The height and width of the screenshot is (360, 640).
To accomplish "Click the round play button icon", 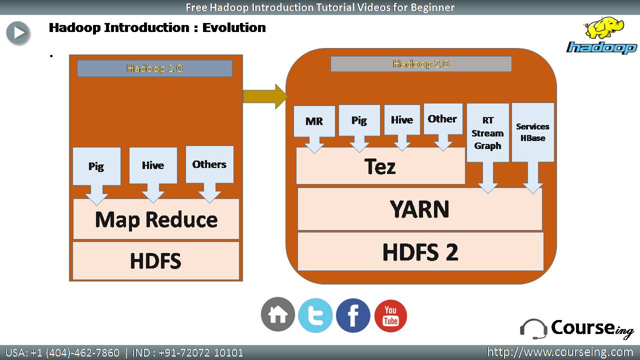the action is tap(18, 33).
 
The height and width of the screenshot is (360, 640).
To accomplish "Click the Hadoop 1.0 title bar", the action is tap(154, 68).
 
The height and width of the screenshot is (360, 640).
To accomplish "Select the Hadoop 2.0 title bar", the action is tap(421, 63).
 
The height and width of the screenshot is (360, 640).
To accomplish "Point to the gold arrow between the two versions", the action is tap(265, 96).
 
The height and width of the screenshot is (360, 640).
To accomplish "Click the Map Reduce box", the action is tap(156, 219).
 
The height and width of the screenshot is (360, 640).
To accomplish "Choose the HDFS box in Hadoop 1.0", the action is tap(156, 260).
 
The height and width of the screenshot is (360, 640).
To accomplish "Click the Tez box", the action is tap(380, 166).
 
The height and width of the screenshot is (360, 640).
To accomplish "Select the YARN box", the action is tap(419, 209).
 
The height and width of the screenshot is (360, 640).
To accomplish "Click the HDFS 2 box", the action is tap(420, 251).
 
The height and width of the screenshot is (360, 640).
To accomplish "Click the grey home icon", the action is tap(277, 314).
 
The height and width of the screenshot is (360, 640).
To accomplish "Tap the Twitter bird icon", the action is tap(315, 315).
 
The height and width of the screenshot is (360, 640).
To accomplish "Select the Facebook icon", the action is tap(353, 315).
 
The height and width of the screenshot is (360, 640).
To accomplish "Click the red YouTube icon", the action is tap(390, 315).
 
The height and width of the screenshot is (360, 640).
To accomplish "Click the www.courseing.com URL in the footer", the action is tap(560, 352).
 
